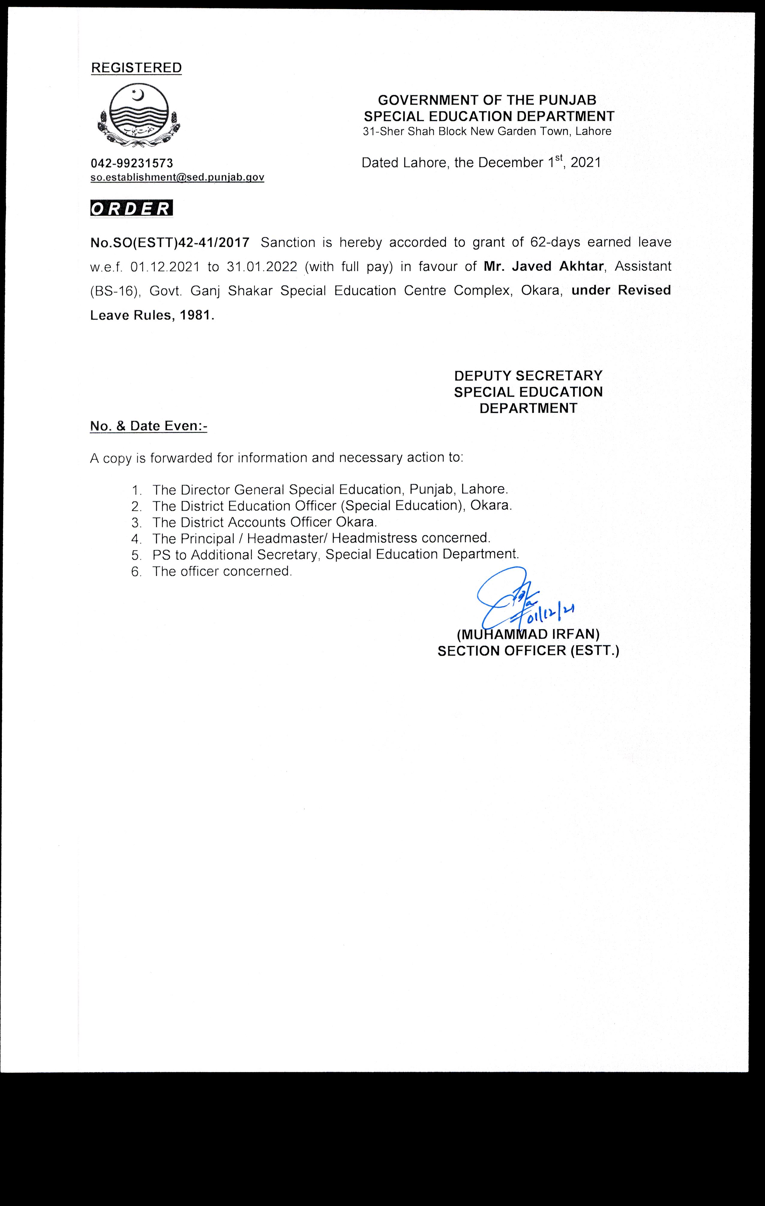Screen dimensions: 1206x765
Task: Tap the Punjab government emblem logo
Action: click(139, 116)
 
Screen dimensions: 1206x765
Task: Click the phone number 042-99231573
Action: click(132, 163)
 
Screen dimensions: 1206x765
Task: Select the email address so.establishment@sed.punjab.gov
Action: click(177, 177)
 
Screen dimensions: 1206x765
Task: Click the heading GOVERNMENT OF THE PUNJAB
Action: click(487, 100)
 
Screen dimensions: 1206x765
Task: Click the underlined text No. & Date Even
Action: click(148, 426)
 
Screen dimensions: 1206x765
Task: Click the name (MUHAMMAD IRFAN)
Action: click(528, 635)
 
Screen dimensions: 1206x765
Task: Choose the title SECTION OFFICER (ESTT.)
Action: click(528, 651)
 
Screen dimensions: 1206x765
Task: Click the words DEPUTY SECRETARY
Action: click(528, 376)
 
